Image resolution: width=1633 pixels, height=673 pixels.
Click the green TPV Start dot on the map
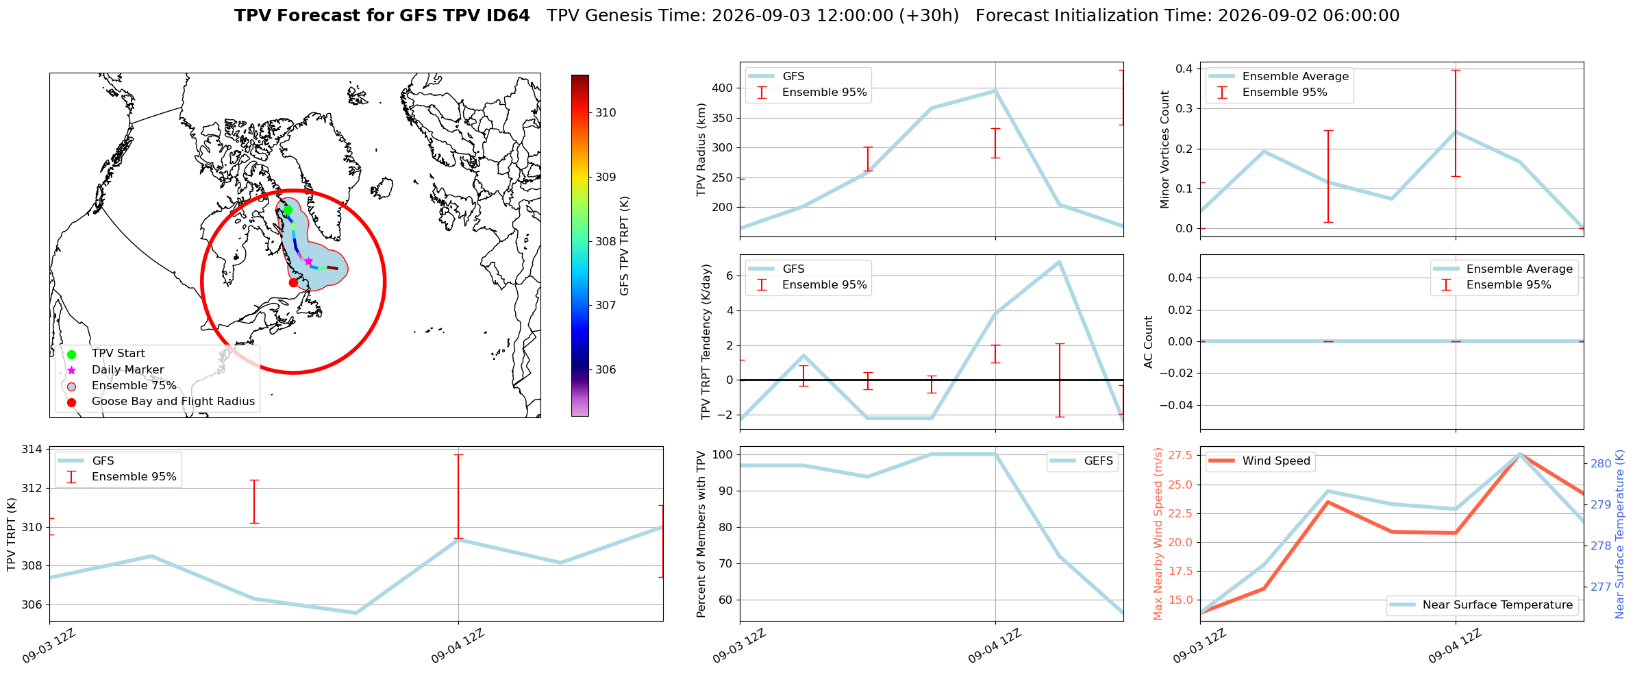(x=288, y=210)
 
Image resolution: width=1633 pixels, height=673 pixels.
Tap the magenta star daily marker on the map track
(x=308, y=261)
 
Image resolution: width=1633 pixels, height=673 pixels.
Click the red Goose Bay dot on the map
(x=293, y=282)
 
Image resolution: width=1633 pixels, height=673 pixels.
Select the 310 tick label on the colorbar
(x=606, y=113)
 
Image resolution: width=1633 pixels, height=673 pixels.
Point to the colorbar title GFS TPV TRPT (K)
(x=624, y=246)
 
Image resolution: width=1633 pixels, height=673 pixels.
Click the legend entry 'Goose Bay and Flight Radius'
(x=173, y=402)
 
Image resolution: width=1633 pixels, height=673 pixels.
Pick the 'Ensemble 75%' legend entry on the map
(x=134, y=386)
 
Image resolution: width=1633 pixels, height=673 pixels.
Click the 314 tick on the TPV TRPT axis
(x=33, y=450)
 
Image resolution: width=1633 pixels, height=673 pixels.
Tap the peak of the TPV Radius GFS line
(x=995, y=90)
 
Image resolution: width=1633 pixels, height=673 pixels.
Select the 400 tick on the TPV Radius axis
(x=723, y=88)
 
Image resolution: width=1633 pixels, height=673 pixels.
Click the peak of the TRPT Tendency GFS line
(x=1059, y=262)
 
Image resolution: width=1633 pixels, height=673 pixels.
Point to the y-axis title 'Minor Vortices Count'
(x=1164, y=149)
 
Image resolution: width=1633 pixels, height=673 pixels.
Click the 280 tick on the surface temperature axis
(x=1601, y=464)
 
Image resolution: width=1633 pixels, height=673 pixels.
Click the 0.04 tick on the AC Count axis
(x=1176, y=278)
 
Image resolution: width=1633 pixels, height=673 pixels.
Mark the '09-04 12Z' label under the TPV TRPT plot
(x=458, y=646)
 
